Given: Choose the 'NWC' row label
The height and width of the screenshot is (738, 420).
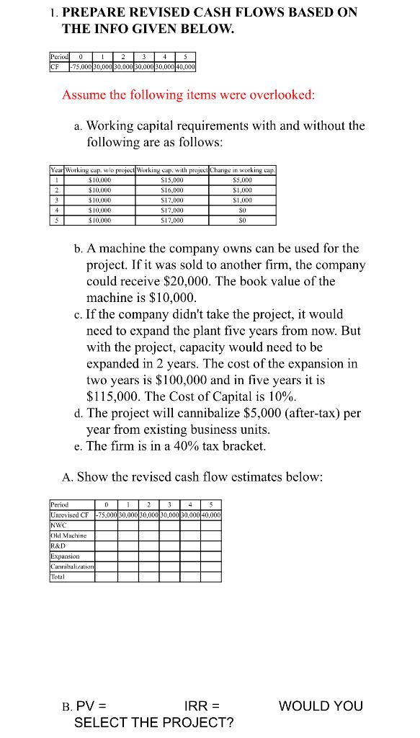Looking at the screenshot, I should [x=57, y=525].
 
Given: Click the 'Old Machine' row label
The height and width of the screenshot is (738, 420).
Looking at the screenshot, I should [x=68, y=535].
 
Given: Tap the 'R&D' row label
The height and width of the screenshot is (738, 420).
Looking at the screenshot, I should [x=57, y=546].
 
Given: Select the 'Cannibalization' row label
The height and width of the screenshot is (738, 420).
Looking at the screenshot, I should [x=72, y=566].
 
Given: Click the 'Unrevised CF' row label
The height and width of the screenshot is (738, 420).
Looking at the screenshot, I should [x=72, y=515].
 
